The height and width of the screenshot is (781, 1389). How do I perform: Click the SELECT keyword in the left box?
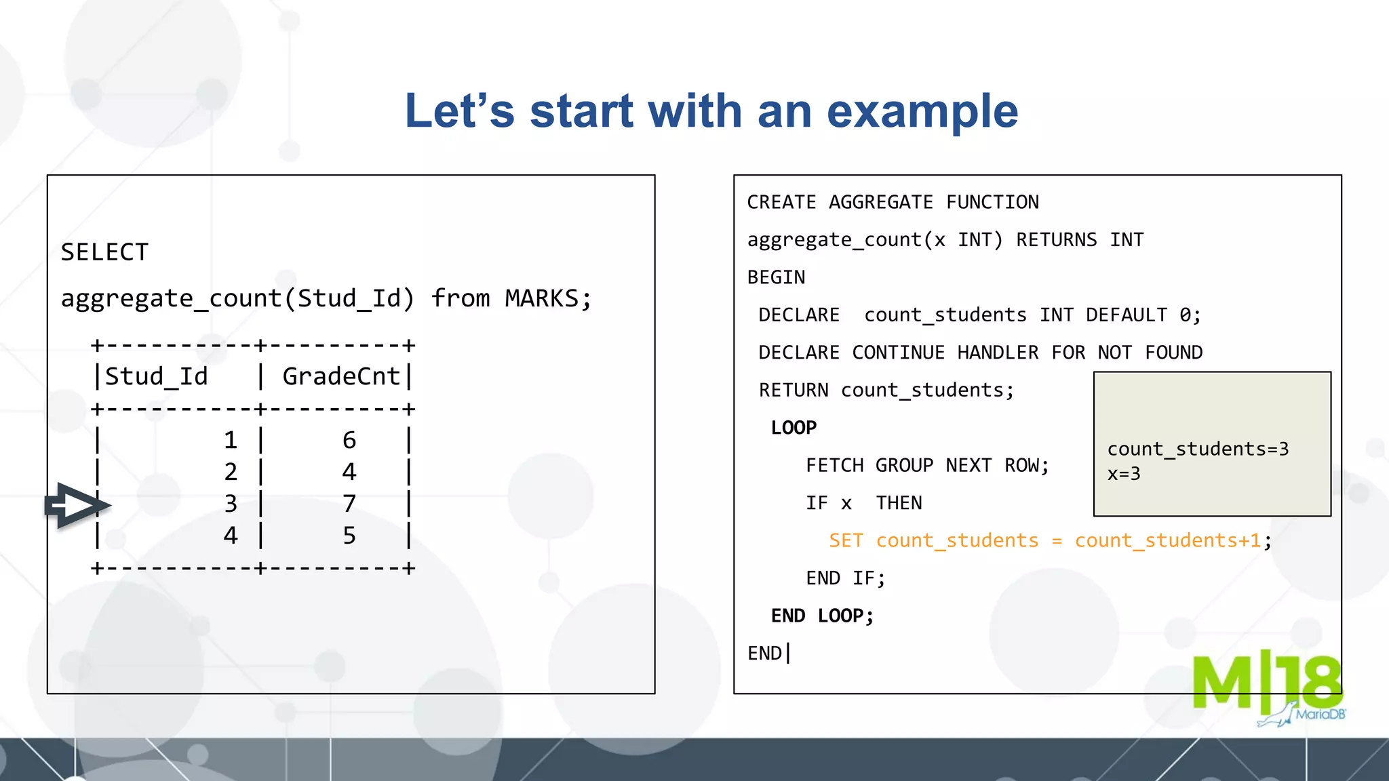pos(104,252)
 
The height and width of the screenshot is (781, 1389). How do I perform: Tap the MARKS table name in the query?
pos(541,298)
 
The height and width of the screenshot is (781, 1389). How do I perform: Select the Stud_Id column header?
pos(156,376)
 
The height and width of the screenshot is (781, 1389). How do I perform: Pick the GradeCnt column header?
pos(341,376)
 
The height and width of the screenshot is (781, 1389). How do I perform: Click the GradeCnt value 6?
pos(349,441)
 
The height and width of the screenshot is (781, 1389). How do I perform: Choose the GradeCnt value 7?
pos(349,504)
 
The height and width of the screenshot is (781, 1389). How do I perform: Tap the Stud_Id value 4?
pos(231,536)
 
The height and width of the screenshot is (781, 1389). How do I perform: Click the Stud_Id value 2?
pos(231,472)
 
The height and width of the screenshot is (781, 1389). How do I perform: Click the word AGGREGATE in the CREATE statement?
pos(880,202)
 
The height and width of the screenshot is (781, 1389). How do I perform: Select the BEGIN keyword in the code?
pos(776,277)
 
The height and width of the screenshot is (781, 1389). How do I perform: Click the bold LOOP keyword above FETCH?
pos(794,428)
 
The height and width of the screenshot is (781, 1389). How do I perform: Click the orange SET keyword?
pos(846,541)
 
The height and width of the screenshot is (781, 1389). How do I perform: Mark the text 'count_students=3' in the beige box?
pos(1198,449)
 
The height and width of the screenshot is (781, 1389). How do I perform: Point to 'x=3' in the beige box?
pos(1124,474)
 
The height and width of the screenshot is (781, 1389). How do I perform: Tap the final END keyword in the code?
pos(764,654)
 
